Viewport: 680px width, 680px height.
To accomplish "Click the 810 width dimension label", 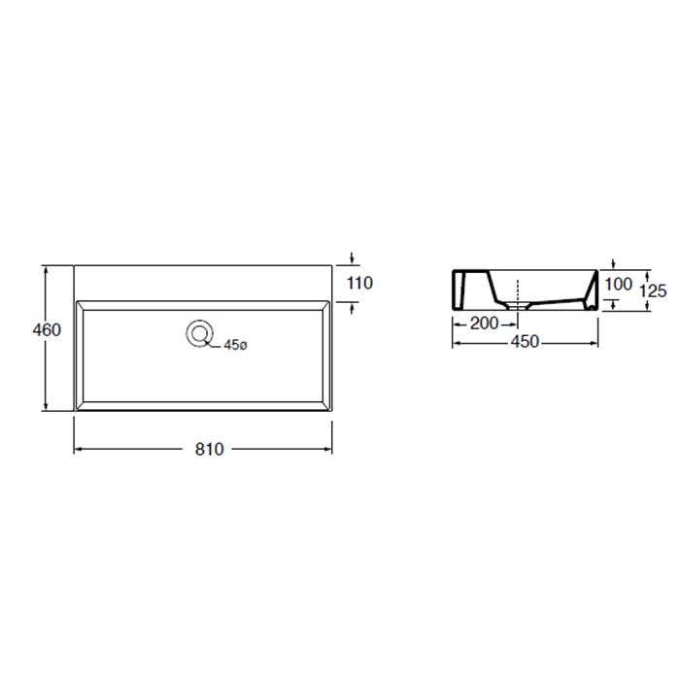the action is point(210,449).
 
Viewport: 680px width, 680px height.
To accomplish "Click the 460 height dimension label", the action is point(47,330).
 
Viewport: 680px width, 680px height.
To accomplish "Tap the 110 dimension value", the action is point(360,284).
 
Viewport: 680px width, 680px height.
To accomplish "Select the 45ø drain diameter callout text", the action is point(235,345).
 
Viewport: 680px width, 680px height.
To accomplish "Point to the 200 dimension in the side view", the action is point(485,323).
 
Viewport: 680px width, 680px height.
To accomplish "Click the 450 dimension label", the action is point(526,342).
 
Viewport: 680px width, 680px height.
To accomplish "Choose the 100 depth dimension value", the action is point(619,285).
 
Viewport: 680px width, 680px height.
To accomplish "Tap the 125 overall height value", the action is point(653,290).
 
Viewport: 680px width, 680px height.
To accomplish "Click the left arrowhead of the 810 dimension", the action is point(78,449).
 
